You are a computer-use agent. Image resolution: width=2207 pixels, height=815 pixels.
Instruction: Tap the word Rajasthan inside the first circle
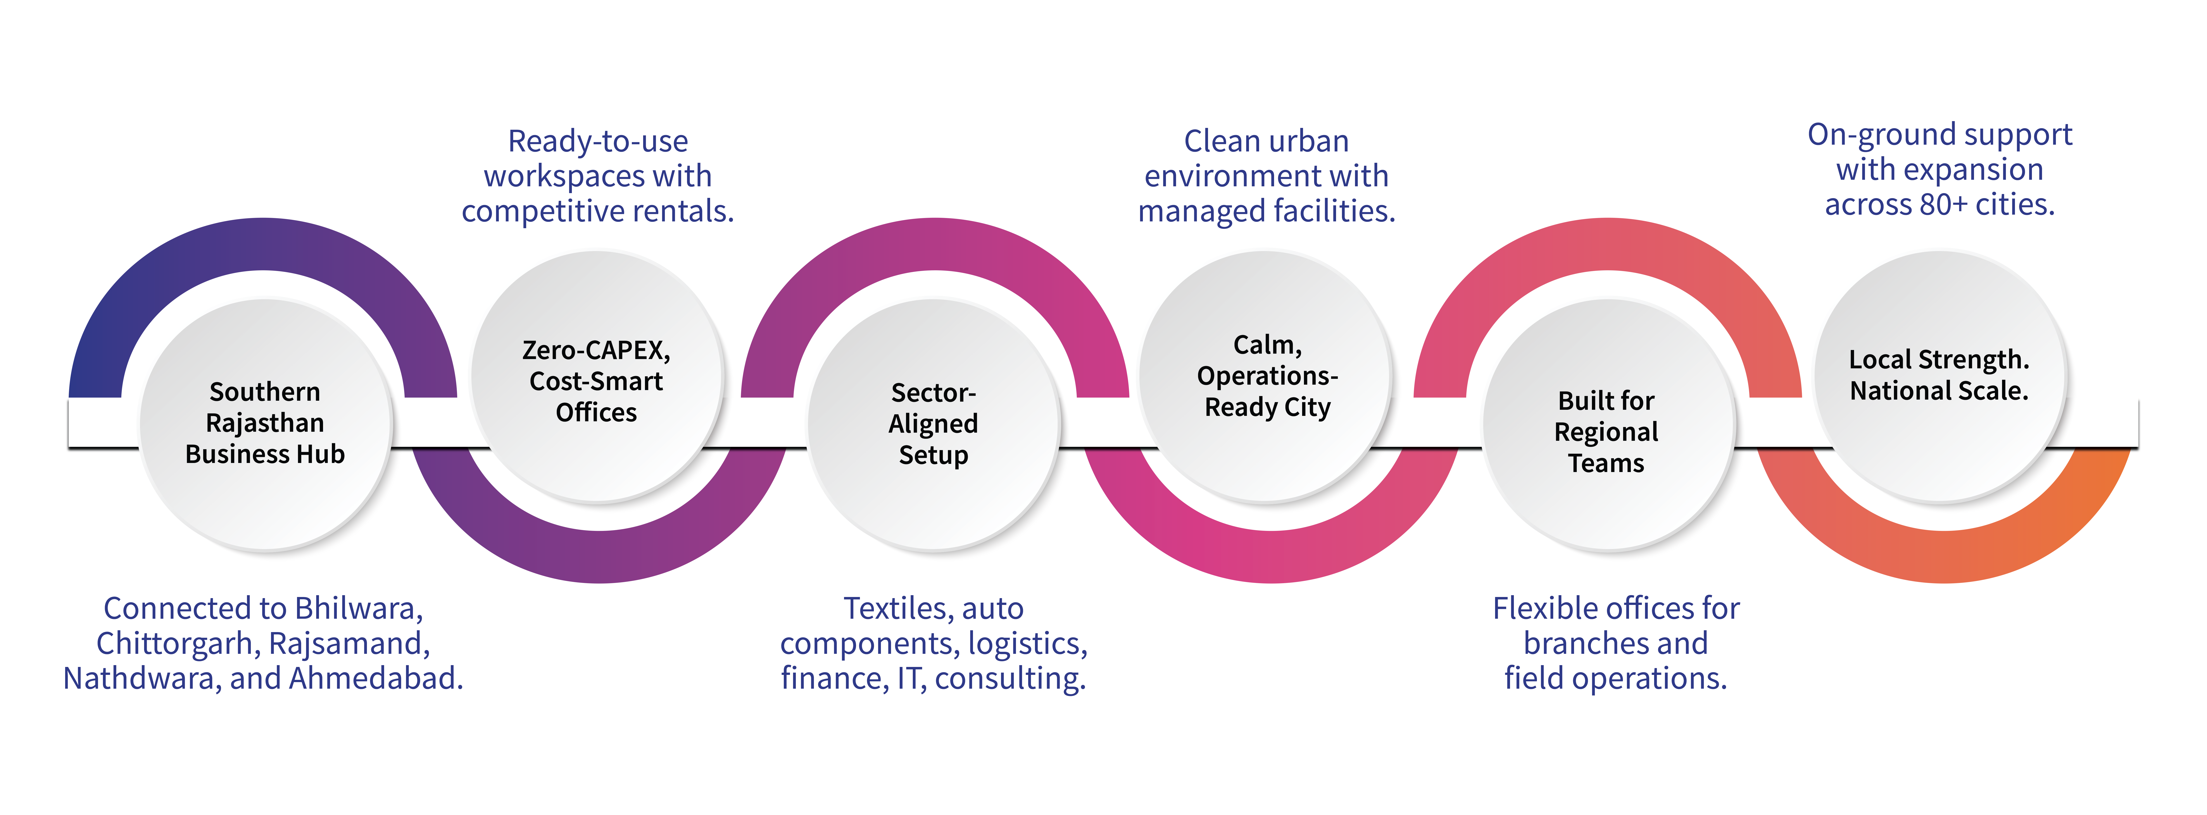click(265, 422)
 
